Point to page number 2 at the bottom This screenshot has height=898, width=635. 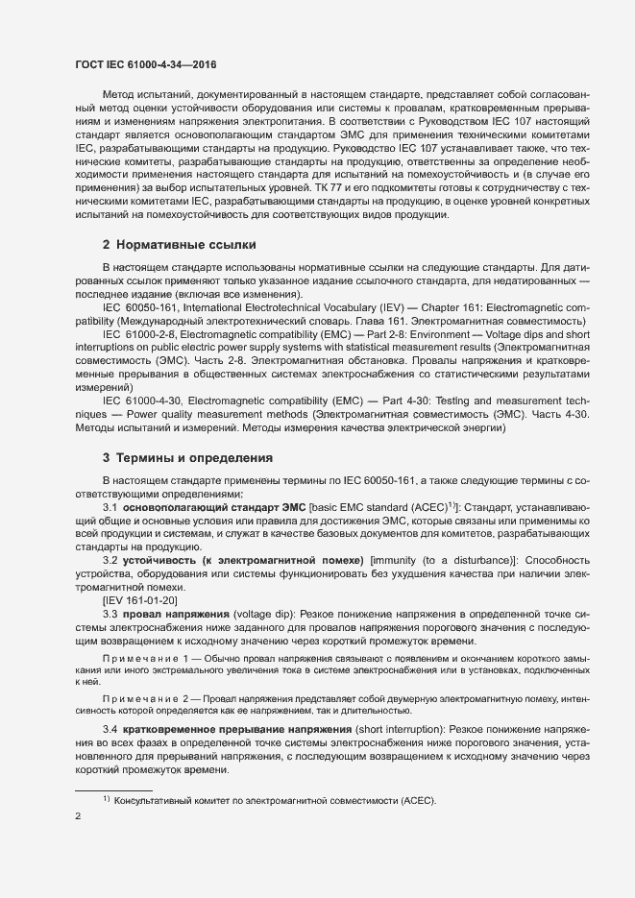pyautogui.click(x=78, y=816)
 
